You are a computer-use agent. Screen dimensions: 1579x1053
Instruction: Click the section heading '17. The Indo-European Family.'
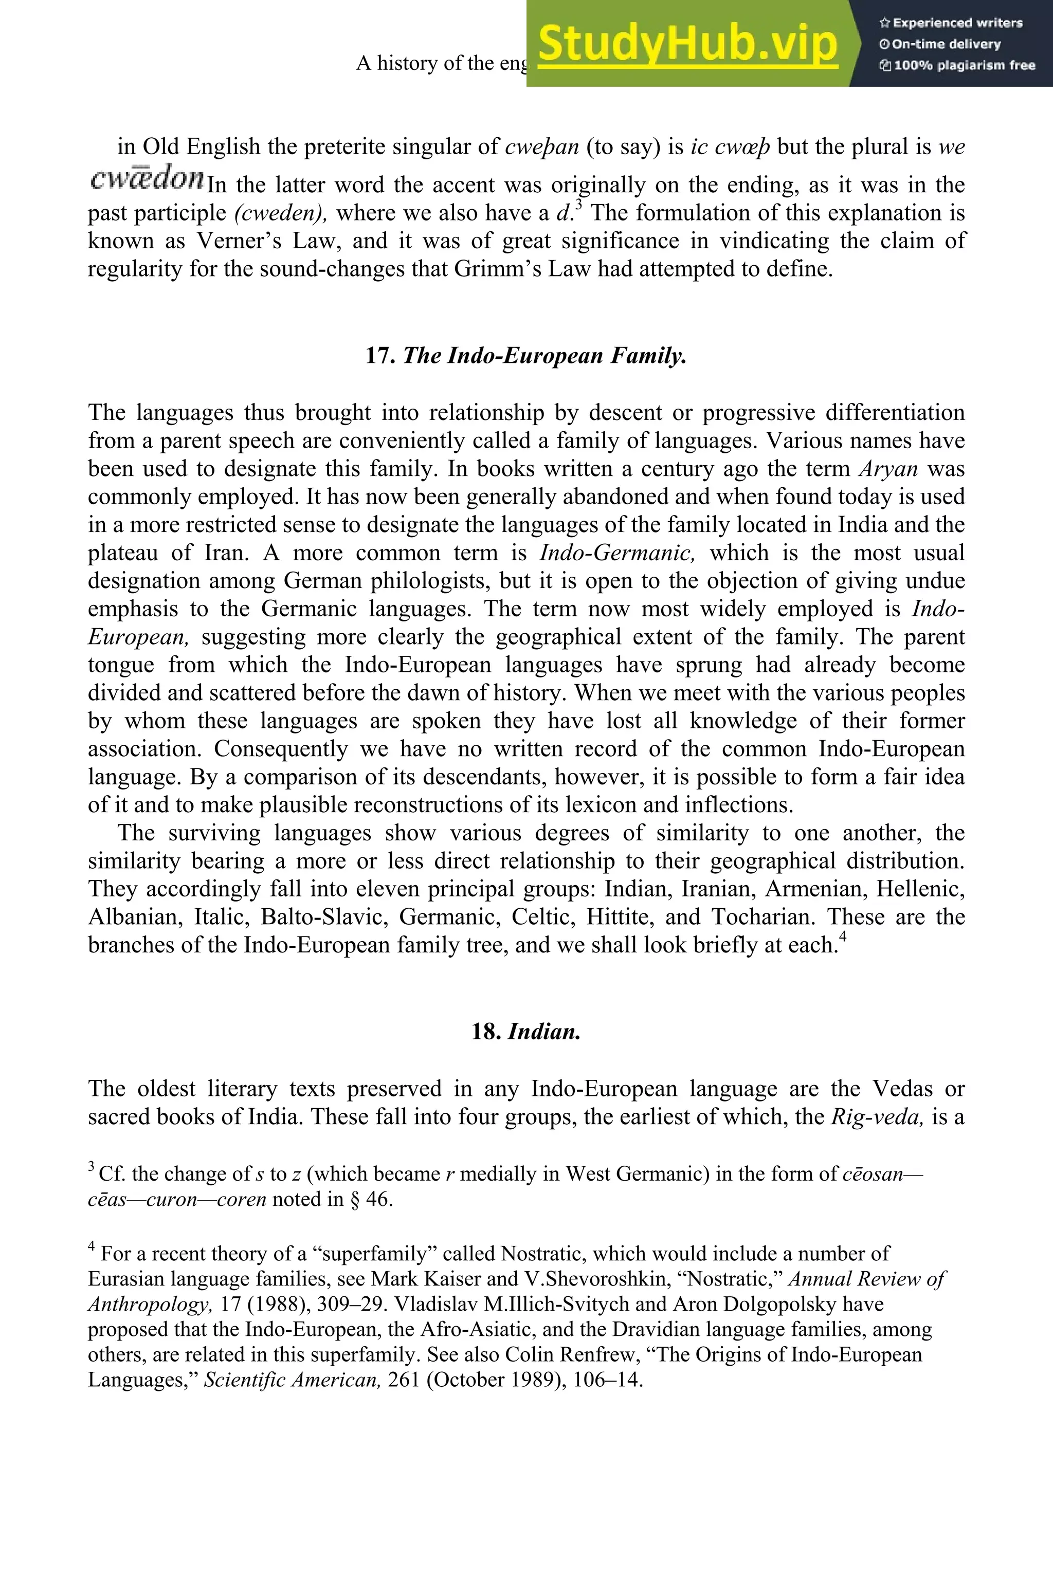point(526,355)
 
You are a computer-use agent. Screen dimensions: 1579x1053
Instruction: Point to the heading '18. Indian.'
point(526,1031)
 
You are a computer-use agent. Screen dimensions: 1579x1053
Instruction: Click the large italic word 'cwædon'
point(147,178)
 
